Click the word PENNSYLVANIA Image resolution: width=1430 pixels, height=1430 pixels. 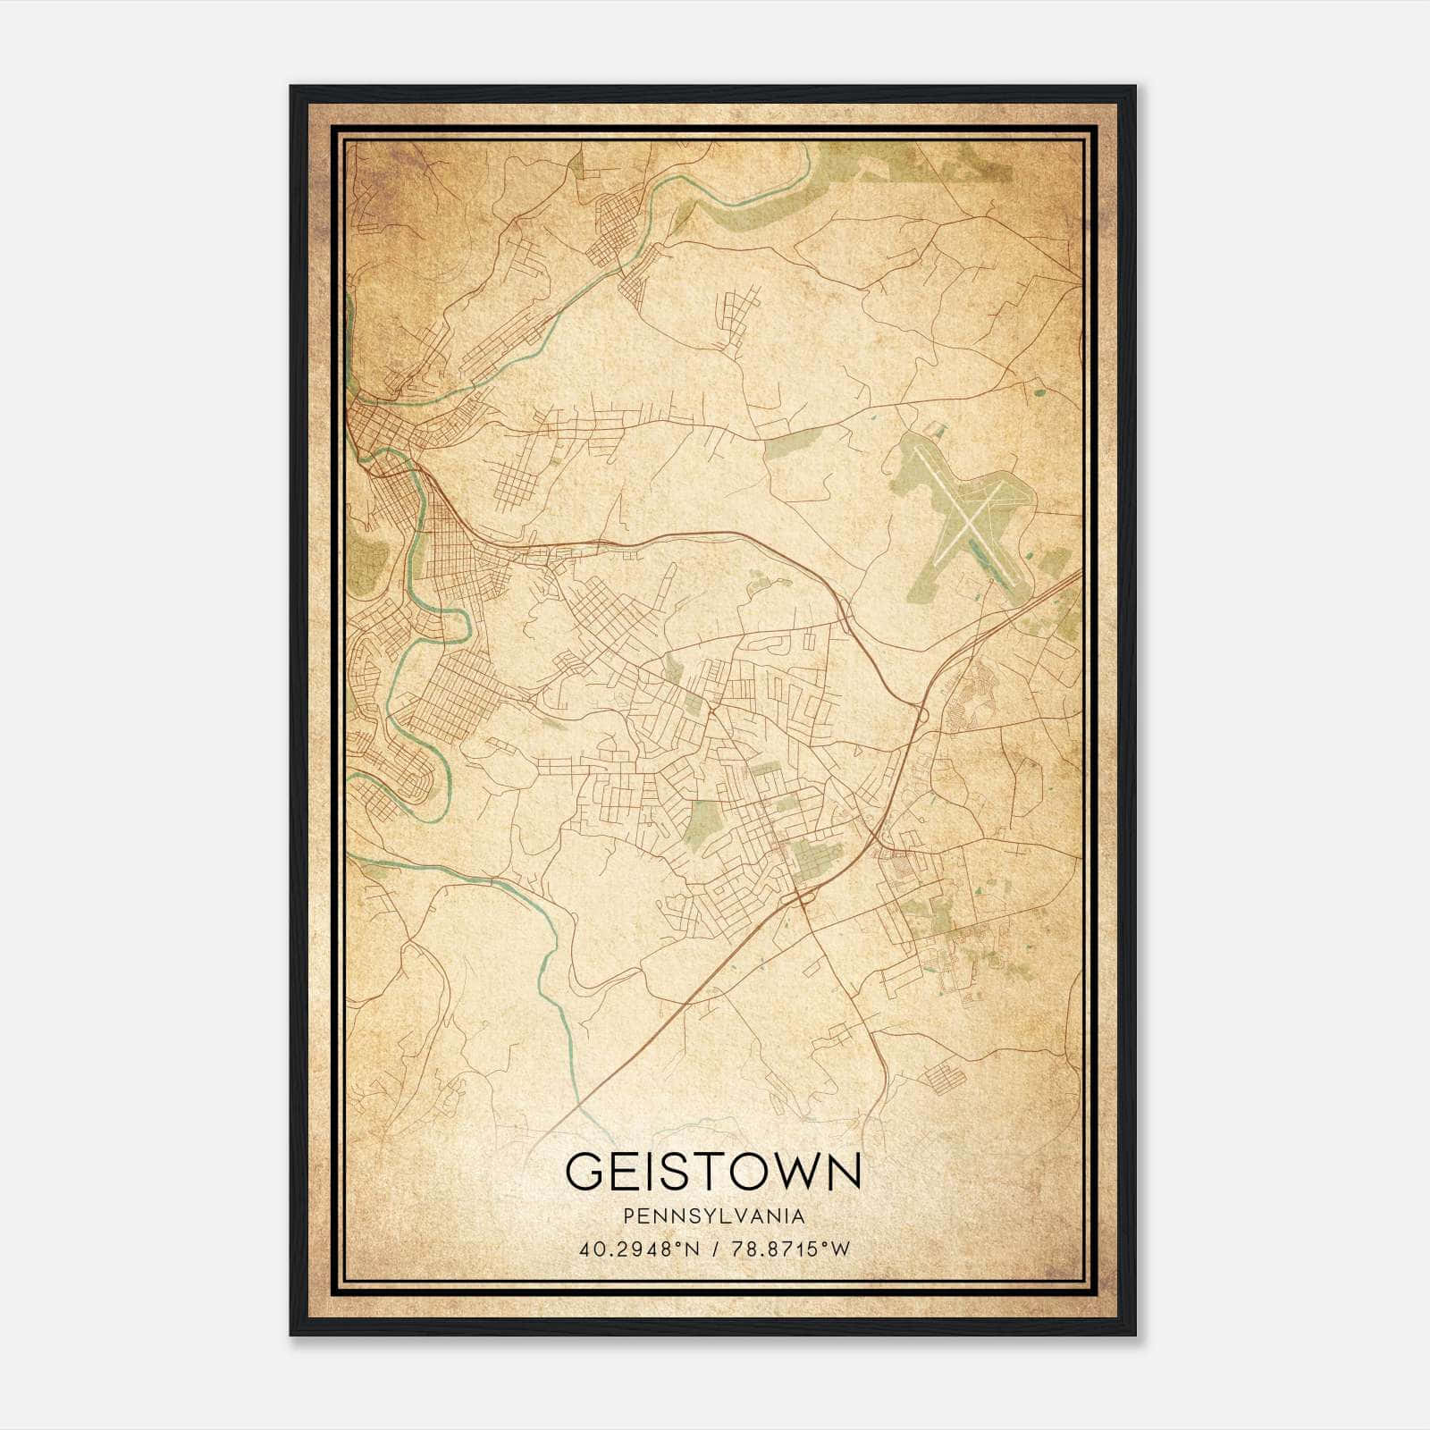[714, 1216]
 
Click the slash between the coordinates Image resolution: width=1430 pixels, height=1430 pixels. [712, 1249]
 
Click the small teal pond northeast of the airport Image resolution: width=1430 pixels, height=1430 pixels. [1039, 389]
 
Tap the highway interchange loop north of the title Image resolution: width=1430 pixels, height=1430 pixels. [802, 895]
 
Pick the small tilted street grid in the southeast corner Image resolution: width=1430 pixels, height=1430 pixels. [944, 1076]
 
